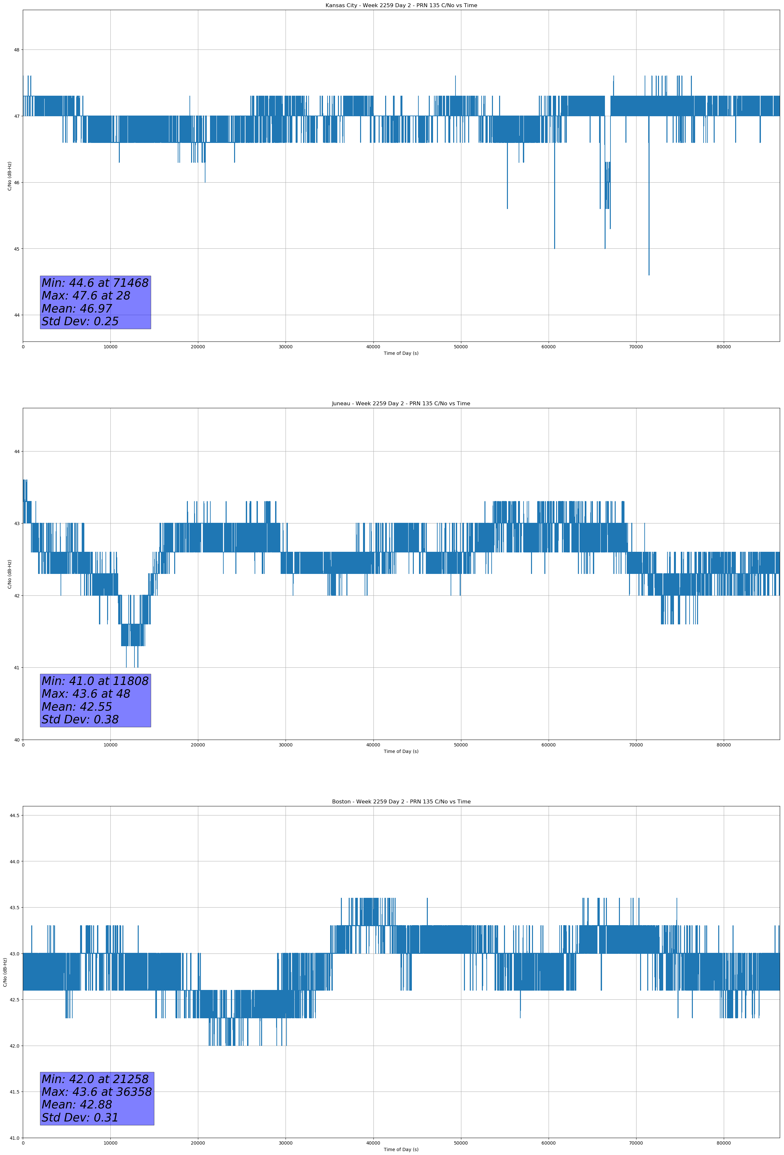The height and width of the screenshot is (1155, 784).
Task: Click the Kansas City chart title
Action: coord(401,6)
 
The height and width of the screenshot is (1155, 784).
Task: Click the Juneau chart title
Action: coord(401,404)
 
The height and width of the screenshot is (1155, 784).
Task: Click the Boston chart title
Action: coord(401,802)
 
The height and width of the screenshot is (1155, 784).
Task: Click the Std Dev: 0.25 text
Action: coord(80,322)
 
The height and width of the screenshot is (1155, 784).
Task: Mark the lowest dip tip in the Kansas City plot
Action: coord(649,274)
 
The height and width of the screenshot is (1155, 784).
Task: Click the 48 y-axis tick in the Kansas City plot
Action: coord(16,50)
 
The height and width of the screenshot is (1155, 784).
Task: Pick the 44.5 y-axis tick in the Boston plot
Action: coord(14,815)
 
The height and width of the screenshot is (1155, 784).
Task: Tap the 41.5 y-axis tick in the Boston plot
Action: coord(14,1092)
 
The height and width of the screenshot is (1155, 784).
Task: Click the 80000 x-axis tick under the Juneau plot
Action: coord(723,745)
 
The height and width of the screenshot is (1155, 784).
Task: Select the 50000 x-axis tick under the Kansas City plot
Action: coord(460,347)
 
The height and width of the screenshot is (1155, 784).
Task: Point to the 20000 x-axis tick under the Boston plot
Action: coord(198,1143)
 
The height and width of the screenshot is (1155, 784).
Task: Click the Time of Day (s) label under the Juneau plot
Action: coord(401,751)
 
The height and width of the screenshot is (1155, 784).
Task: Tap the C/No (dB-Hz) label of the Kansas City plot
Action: coord(9,176)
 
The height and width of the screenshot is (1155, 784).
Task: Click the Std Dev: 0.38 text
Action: coord(80,720)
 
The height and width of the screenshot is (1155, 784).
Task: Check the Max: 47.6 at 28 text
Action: coord(86,296)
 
